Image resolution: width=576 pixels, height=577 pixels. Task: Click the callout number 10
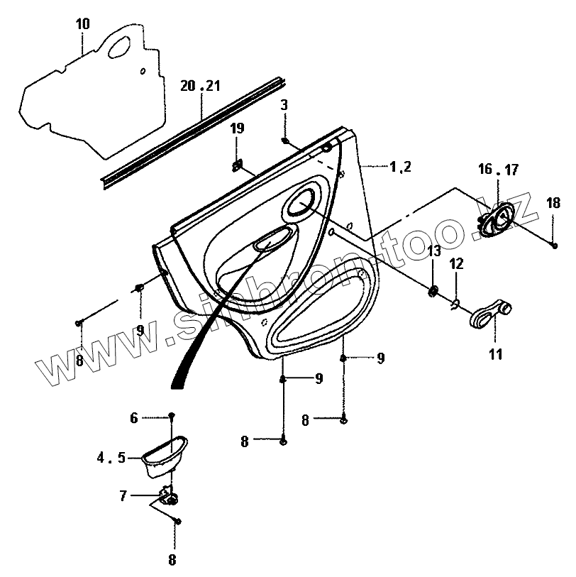(x=82, y=24)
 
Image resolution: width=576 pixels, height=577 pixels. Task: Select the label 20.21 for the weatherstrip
(x=200, y=86)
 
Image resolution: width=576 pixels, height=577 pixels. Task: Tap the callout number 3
(x=284, y=104)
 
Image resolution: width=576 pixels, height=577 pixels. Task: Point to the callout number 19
(x=237, y=128)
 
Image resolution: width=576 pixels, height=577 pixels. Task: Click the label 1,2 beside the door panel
(x=400, y=167)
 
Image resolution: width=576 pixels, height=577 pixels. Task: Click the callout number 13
(x=434, y=251)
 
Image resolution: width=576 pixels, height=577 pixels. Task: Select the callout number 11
(x=495, y=354)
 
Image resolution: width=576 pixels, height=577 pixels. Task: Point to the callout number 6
(x=134, y=418)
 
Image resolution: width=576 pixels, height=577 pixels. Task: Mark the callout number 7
(x=123, y=496)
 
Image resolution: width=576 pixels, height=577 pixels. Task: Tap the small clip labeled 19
(x=238, y=167)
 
